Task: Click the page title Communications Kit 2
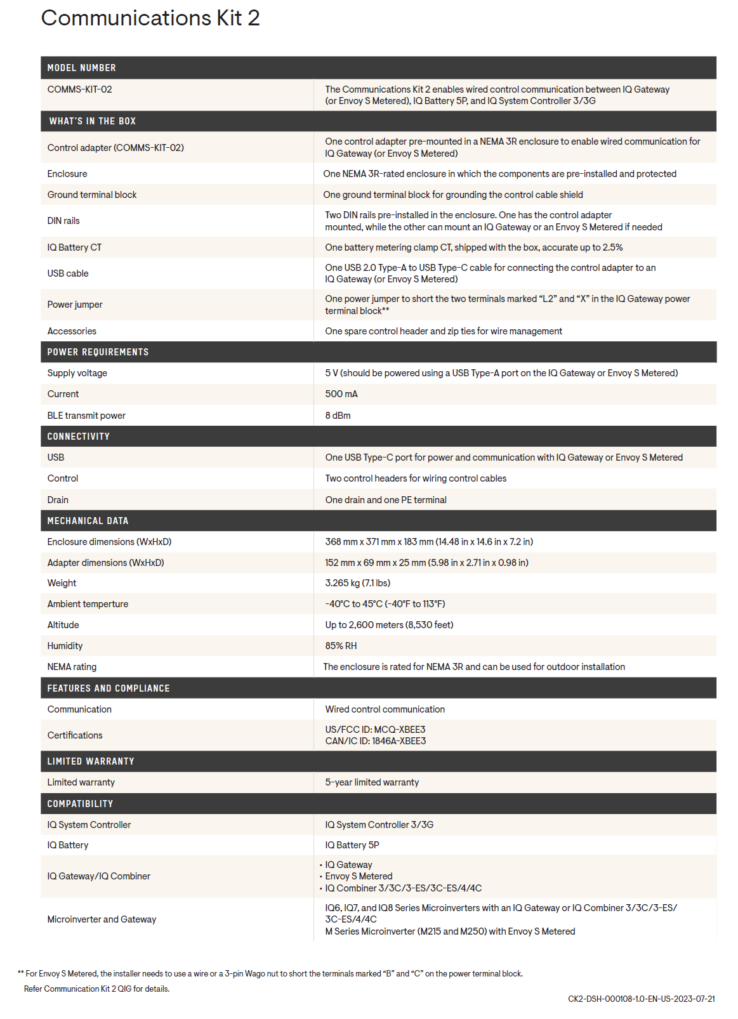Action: [x=150, y=18]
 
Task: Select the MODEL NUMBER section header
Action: [x=81, y=68]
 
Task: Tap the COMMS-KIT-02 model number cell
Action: [x=79, y=89]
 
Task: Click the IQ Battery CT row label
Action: [x=74, y=247]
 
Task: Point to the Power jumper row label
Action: [x=75, y=305]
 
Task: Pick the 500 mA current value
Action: [x=341, y=394]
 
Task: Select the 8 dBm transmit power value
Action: [x=338, y=416]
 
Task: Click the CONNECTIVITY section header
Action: [x=78, y=437]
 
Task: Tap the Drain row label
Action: [x=58, y=500]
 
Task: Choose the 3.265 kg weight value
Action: [x=357, y=583]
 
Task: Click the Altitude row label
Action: [x=63, y=625]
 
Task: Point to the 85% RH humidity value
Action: [x=341, y=646]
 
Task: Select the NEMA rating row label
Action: [x=72, y=667]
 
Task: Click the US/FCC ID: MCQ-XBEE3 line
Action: [x=375, y=730]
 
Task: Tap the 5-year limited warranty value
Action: [x=372, y=782]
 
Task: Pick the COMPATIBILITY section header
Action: [x=80, y=804]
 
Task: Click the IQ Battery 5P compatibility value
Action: [x=352, y=845]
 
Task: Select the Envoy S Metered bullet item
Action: [x=359, y=876]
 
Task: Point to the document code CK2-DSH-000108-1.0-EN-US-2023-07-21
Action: [x=641, y=999]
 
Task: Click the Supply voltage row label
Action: [x=77, y=373]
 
